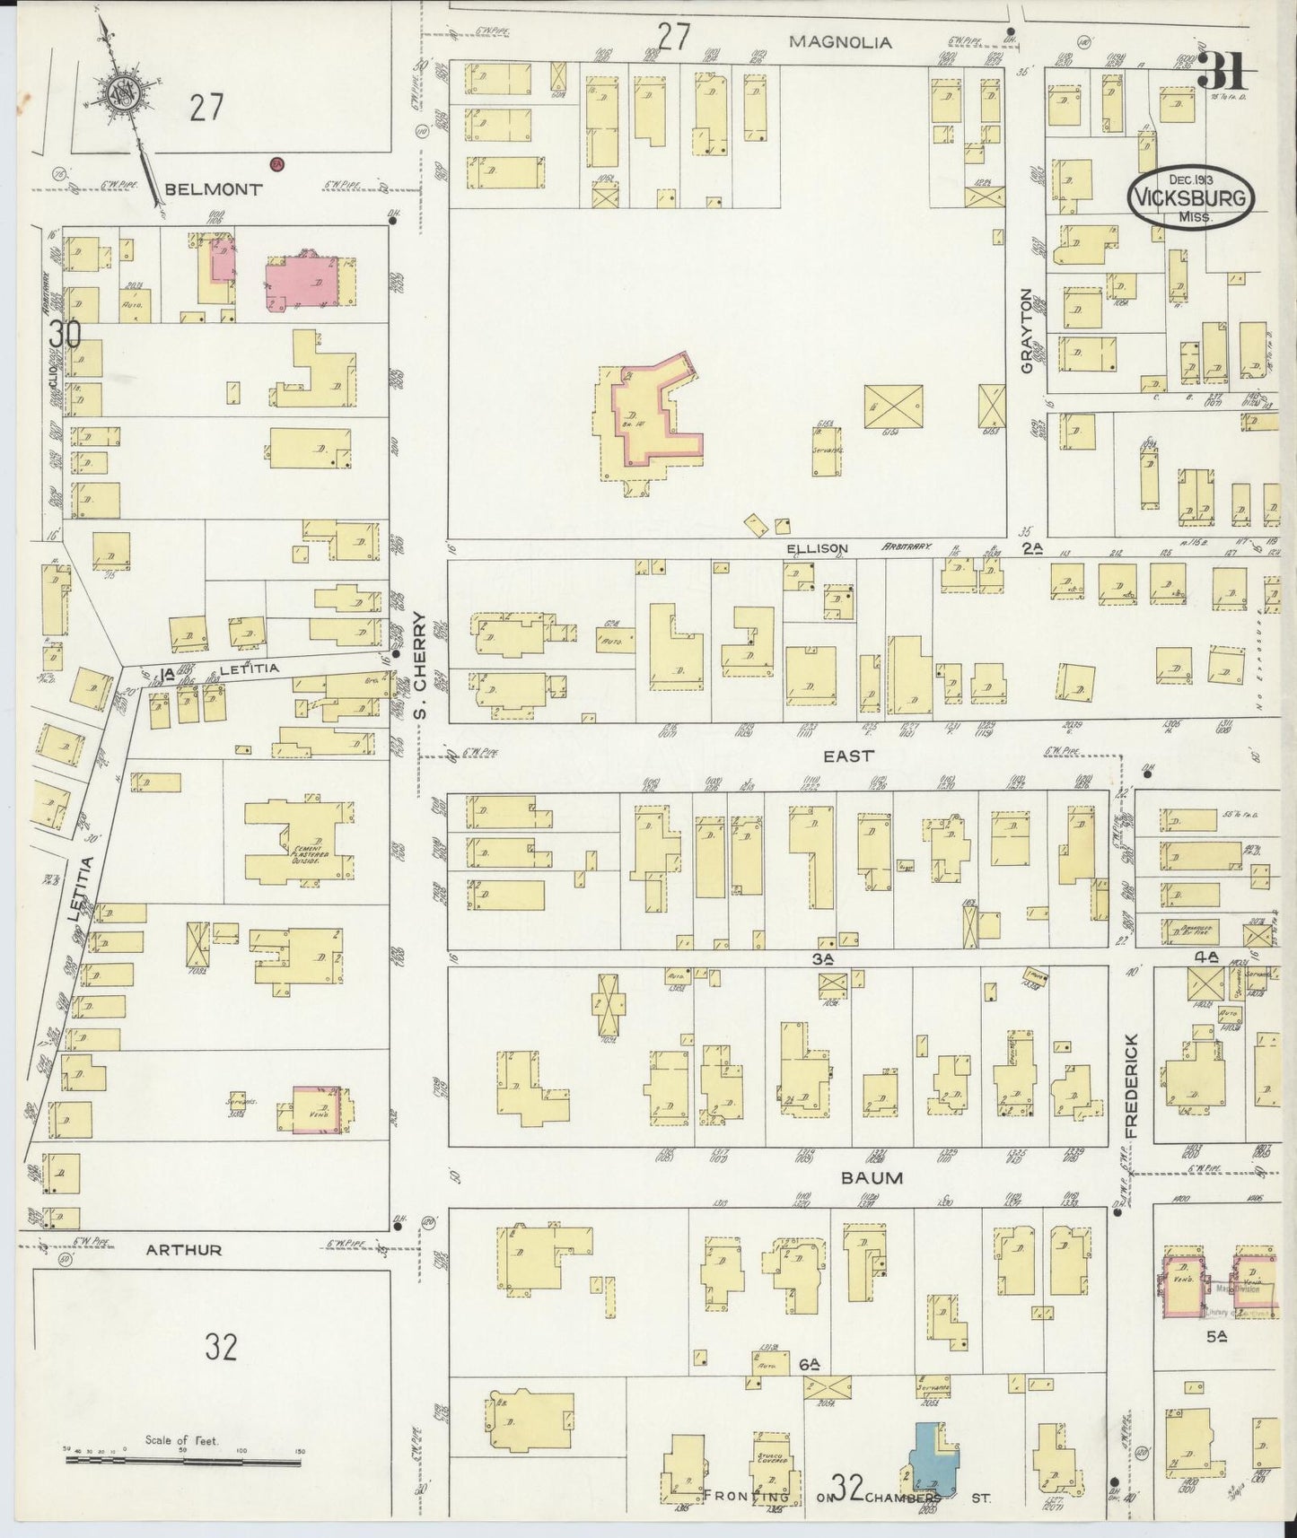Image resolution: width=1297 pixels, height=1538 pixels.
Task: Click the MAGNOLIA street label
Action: (840, 41)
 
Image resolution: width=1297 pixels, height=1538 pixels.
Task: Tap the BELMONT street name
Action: (214, 189)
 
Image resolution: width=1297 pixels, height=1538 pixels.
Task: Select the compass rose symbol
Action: (119, 92)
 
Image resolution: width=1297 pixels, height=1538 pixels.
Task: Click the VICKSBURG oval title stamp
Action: (1190, 197)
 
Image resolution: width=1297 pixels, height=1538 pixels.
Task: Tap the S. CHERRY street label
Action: (418, 665)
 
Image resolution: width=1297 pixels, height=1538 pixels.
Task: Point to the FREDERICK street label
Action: (1131, 1086)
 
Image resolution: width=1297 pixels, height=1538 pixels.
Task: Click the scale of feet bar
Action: (183, 1461)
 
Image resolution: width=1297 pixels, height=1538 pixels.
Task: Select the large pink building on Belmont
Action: (305, 282)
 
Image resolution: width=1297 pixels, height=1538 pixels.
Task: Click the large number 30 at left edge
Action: (65, 334)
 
